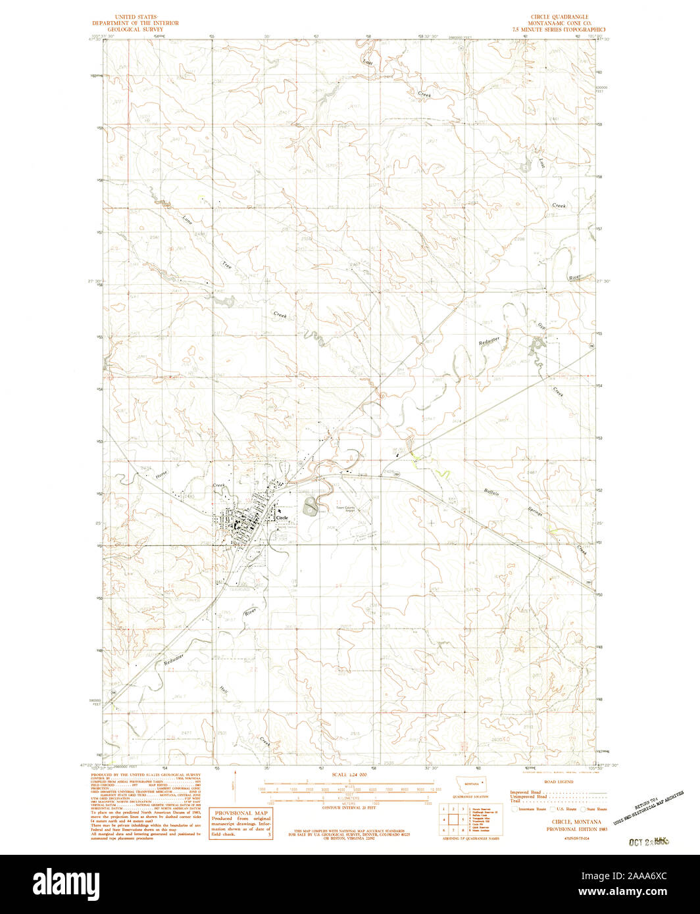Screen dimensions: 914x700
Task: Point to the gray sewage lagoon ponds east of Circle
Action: tap(309, 507)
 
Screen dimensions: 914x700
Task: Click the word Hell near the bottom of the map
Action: tap(224, 691)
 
